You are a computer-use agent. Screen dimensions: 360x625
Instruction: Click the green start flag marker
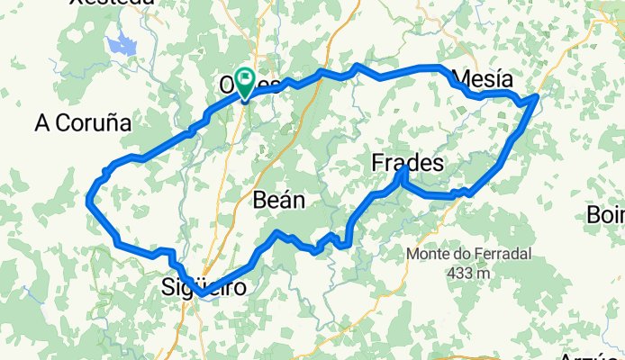(244, 78)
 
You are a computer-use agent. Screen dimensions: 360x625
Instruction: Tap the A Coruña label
(83, 123)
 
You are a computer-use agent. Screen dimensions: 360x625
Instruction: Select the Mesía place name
(486, 78)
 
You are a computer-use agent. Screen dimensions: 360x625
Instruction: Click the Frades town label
(408, 164)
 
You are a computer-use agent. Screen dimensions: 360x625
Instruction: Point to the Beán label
(279, 200)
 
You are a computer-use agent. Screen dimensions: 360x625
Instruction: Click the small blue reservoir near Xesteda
(119, 42)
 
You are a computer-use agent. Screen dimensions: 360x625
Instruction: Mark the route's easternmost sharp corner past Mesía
(538, 95)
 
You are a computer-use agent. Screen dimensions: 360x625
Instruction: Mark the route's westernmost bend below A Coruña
(88, 202)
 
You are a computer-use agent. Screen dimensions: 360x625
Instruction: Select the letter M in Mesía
(464, 78)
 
